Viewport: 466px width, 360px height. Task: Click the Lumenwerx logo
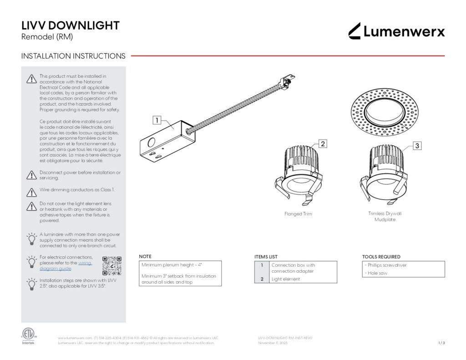pos(396,31)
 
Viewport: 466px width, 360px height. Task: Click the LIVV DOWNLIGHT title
pos(71,25)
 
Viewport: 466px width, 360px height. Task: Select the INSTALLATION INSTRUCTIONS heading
pos(73,56)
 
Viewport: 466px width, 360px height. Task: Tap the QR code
pos(112,266)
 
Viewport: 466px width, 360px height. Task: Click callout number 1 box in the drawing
pos(156,121)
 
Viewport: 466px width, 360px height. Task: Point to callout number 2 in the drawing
pos(322,144)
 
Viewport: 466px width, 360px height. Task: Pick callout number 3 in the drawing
pos(417,146)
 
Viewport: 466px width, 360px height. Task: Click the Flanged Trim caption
pos(298,214)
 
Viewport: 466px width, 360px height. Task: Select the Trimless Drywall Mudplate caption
pos(385,216)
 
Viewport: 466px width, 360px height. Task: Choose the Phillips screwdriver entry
pos(387,265)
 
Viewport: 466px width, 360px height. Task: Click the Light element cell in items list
pos(286,279)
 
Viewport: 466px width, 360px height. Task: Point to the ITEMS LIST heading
pos(266,257)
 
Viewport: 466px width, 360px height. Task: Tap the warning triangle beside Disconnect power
pos(31,175)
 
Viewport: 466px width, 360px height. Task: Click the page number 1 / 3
pos(441,343)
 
